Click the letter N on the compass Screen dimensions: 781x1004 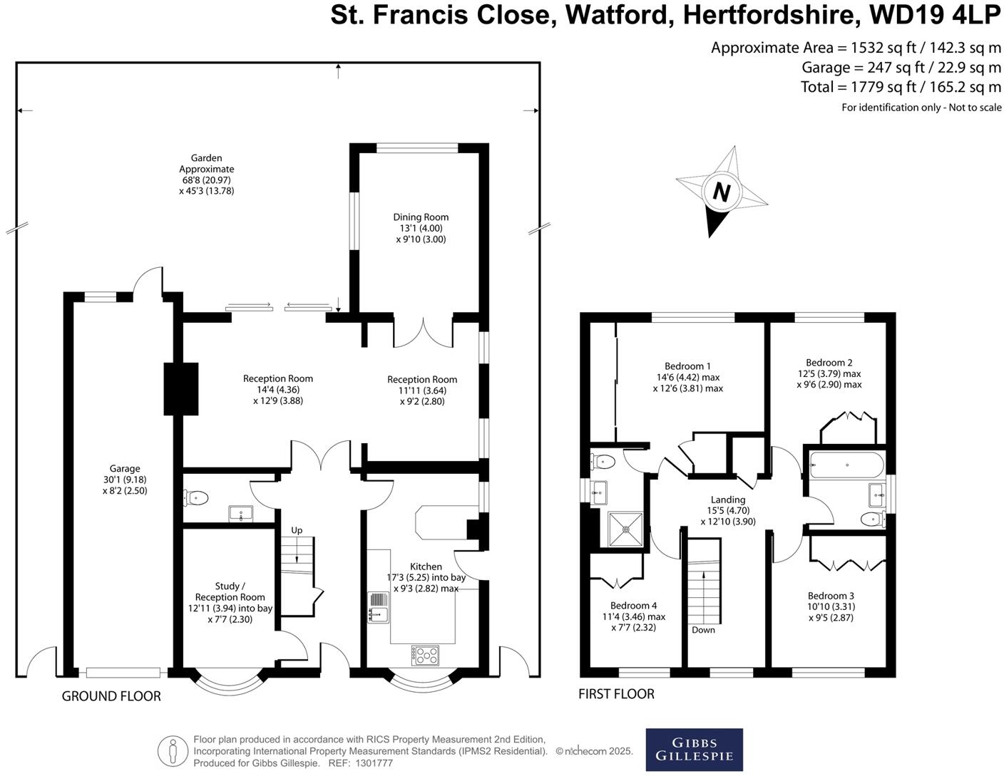(722, 192)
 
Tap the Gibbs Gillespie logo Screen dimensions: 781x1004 (694, 750)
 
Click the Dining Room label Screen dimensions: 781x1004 (421, 217)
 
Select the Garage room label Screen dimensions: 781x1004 (125, 469)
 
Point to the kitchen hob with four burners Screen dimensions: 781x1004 (425, 655)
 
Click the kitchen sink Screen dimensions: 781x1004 (378, 607)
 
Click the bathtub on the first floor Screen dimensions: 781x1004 (846, 465)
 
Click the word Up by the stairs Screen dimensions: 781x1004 (297, 530)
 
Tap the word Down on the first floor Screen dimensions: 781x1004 (703, 630)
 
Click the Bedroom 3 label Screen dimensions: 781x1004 (831, 596)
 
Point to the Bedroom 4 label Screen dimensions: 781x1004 (634, 606)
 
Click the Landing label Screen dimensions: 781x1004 (727, 500)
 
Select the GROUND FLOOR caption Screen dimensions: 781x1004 (111, 696)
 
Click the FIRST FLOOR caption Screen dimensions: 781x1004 (616, 693)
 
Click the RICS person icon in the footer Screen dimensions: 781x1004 (172, 751)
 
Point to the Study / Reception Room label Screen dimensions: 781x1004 (230, 591)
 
